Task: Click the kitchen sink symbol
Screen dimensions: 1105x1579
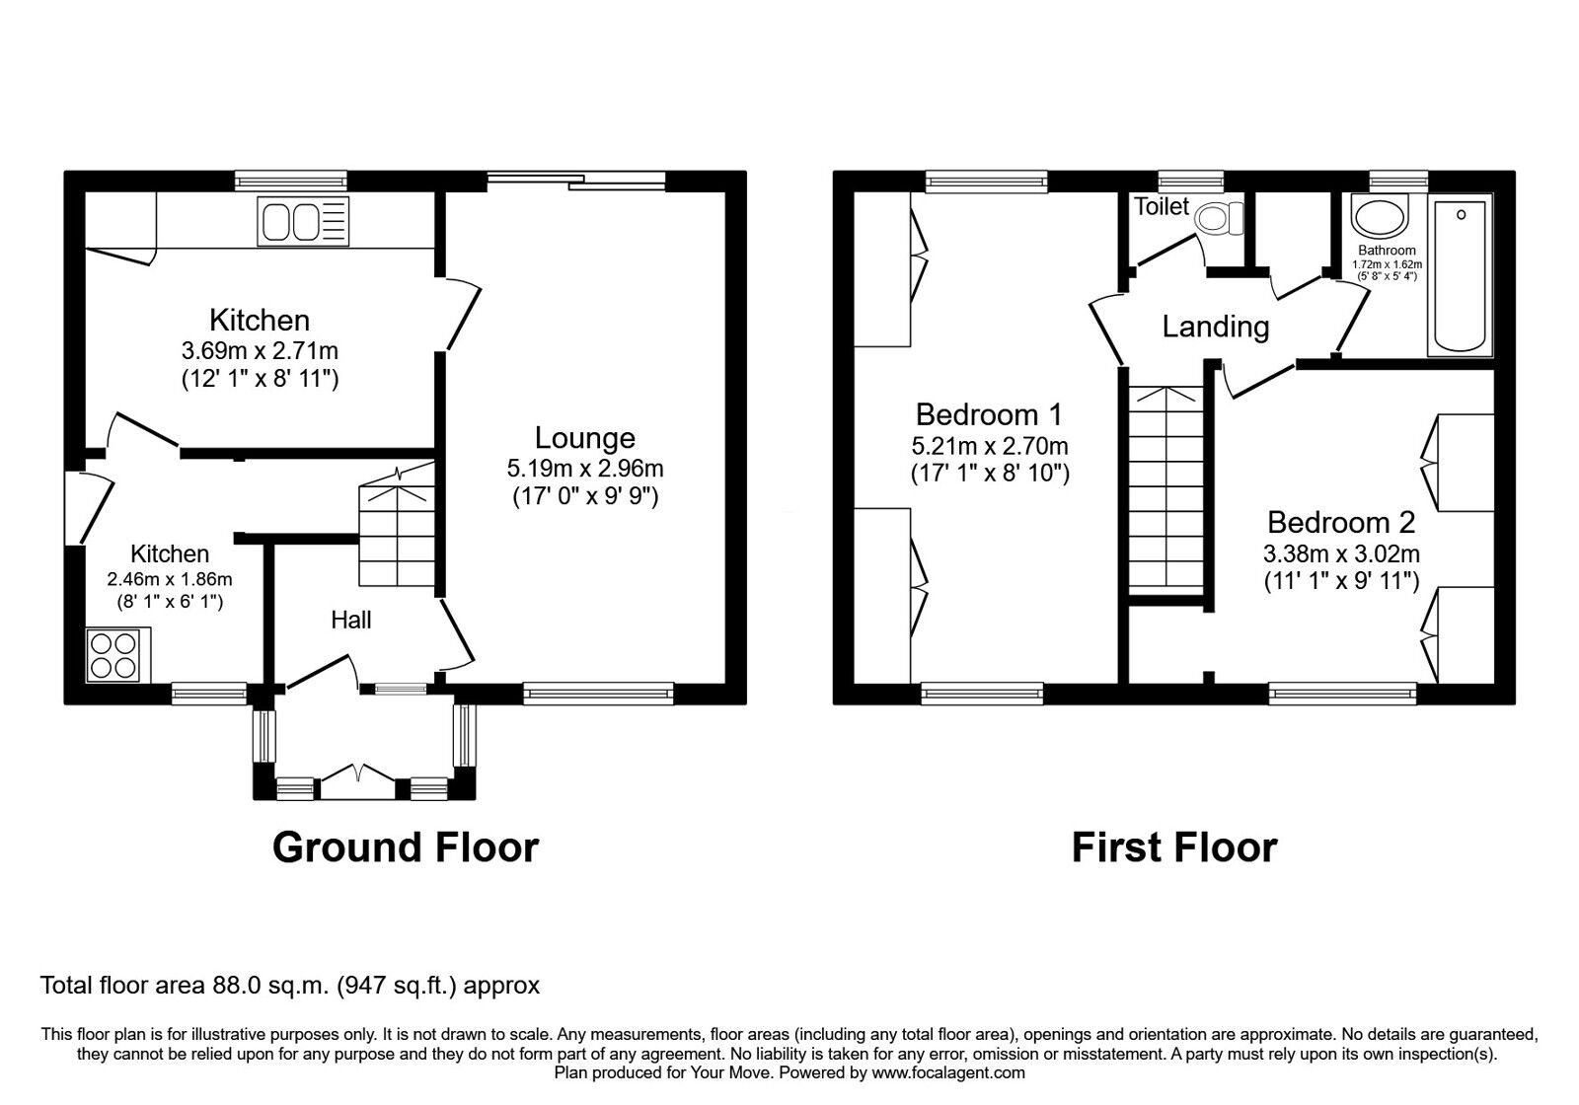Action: [303, 221]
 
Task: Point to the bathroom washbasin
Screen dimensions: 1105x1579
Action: [1379, 219]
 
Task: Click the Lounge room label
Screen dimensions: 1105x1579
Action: [585, 438]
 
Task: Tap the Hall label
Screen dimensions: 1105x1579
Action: [351, 620]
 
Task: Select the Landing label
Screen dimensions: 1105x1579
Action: [1215, 327]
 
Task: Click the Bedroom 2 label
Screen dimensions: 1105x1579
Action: [1341, 522]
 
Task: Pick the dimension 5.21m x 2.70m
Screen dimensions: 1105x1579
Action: [990, 447]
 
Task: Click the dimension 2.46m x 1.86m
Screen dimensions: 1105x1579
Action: [170, 579]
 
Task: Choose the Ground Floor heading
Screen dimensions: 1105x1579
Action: [406, 847]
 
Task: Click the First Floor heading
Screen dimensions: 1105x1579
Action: [1174, 847]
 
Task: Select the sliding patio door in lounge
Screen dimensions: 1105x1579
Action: [576, 181]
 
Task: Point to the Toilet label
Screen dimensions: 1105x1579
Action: [1162, 206]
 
